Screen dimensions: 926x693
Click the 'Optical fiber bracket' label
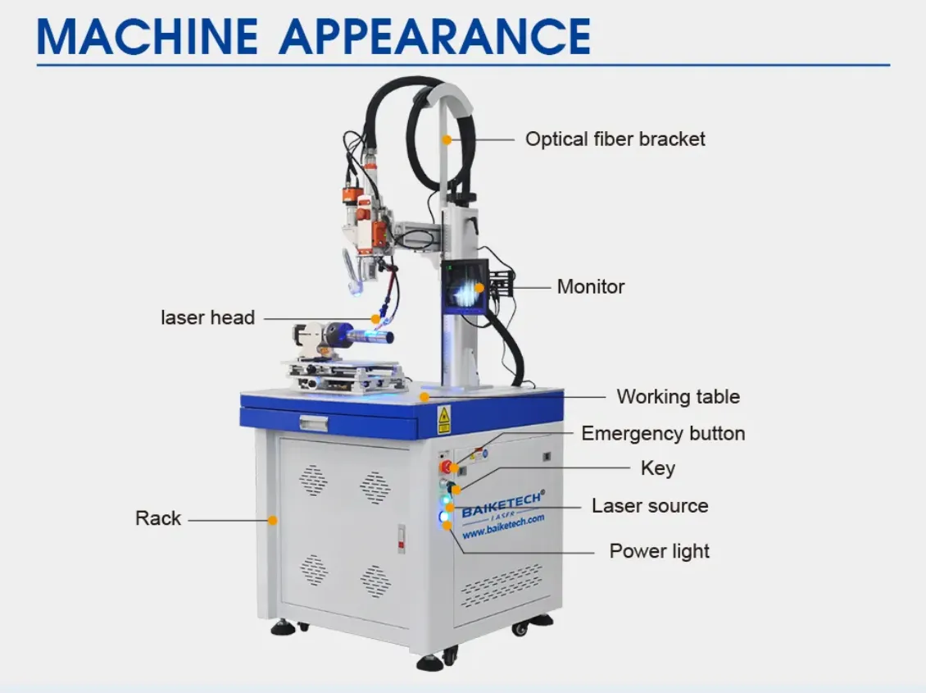pos(615,139)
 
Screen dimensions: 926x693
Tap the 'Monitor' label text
pos(591,286)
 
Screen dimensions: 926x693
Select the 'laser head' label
pos(208,317)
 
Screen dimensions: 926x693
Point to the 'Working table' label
pos(678,396)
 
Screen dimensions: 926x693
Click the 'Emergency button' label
pos(663,433)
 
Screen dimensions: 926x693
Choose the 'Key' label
pos(658,468)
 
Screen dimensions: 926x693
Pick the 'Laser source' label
pos(650,506)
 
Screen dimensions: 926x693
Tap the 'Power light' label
pos(659,551)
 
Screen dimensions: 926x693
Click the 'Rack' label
pos(157,518)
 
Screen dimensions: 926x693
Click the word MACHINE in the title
pos(147,37)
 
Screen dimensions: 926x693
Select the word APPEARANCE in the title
pos(434,37)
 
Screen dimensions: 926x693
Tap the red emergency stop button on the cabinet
pos(445,467)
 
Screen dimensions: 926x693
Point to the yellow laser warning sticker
pos(443,420)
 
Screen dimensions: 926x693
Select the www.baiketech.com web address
pos(503,527)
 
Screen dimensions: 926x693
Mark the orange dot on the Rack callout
pos(272,521)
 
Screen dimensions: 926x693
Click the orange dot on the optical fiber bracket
pos(447,140)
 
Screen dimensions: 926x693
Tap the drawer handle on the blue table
pos(314,423)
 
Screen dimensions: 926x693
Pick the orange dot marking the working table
pos(424,396)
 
